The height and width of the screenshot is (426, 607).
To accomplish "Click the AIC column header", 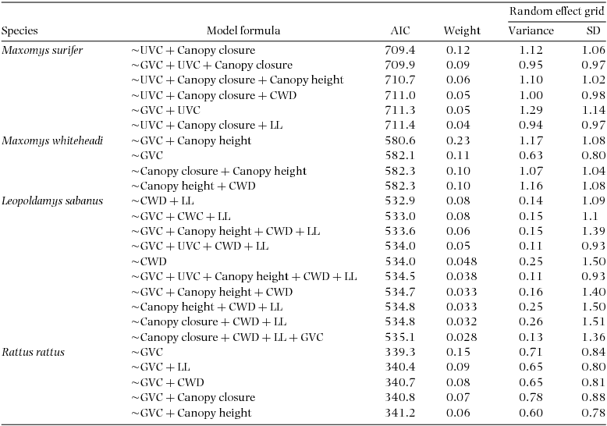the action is (x=399, y=31).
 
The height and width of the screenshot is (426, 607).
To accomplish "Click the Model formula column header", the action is (x=243, y=31).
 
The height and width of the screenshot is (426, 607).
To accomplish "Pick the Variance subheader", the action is (x=531, y=31).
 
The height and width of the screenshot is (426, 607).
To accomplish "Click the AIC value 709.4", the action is (x=399, y=51).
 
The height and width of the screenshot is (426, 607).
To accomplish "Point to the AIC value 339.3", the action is (x=399, y=352).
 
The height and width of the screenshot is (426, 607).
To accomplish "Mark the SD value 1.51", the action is (x=593, y=321).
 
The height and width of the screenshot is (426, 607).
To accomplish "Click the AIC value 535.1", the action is (x=399, y=337).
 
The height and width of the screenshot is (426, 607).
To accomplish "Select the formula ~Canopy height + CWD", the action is (x=193, y=186).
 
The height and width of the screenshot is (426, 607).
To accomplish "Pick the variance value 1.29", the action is (x=531, y=111).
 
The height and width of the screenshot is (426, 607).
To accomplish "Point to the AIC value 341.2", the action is (x=399, y=413).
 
